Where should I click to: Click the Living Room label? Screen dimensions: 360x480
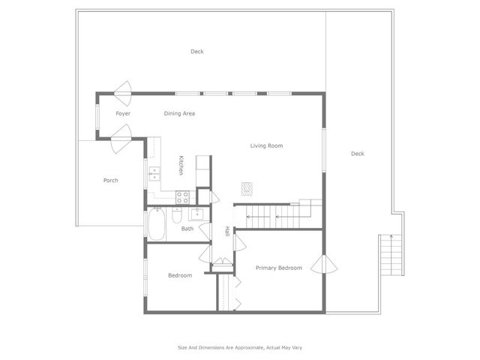(x=266, y=145)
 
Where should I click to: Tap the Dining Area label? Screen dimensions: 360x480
(x=179, y=113)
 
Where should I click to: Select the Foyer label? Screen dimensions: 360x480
(x=123, y=113)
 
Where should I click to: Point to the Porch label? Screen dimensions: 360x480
(x=110, y=180)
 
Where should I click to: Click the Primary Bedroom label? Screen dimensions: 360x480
(x=278, y=268)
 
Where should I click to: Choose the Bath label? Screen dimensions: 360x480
(x=187, y=229)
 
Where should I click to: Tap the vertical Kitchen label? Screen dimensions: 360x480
(x=181, y=165)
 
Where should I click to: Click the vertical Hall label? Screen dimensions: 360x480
(x=227, y=232)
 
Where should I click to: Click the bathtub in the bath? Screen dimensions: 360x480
(x=157, y=223)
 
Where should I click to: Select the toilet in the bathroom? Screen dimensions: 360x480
(x=176, y=216)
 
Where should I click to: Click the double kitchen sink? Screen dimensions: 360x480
(x=154, y=175)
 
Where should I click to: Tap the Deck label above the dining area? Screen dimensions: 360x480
(x=196, y=52)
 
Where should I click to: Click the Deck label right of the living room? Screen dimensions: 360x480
(x=357, y=154)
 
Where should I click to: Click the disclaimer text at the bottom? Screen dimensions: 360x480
(x=239, y=347)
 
